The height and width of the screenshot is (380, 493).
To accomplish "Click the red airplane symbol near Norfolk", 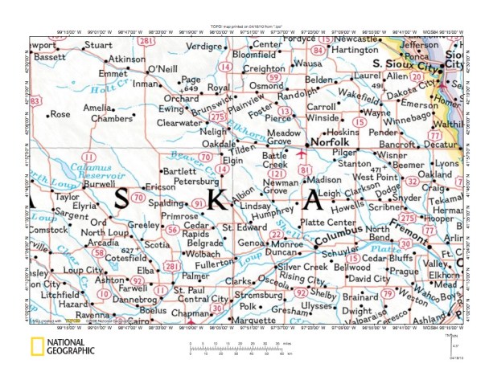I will coord(302,153).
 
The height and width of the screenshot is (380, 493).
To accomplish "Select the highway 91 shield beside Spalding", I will coord(196,205).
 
